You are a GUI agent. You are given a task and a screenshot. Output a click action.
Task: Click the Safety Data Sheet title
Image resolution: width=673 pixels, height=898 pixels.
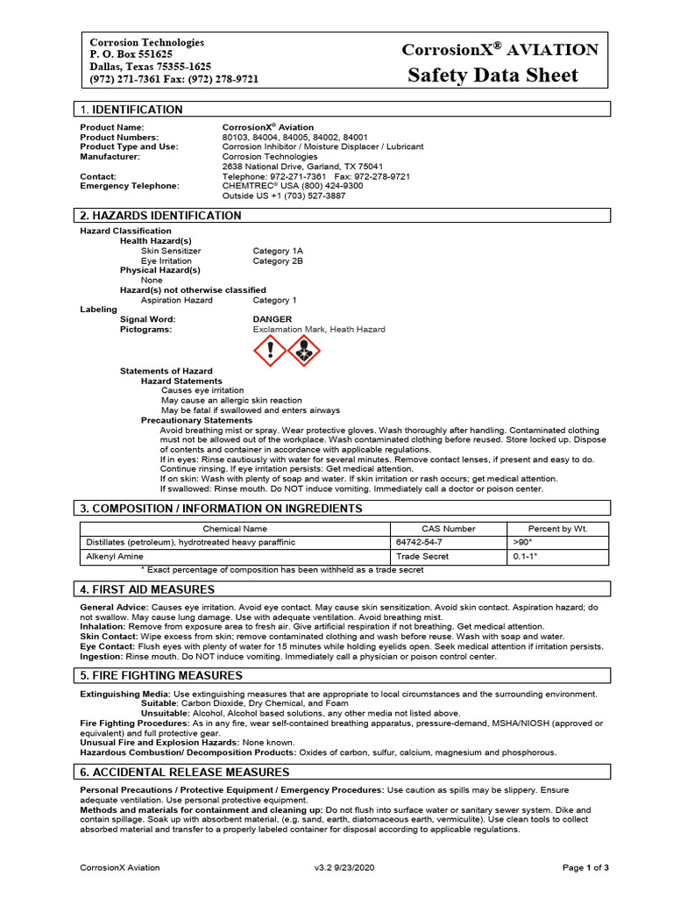(x=492, y=75)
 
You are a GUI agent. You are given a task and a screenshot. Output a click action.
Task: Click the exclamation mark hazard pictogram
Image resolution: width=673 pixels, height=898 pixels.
(x=270, y=352)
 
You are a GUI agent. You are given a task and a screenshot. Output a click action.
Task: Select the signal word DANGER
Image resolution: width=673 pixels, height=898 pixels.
(x=273, y=319)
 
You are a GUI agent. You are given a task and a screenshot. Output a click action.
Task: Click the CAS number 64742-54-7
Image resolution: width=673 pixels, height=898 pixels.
(x=418, y=543)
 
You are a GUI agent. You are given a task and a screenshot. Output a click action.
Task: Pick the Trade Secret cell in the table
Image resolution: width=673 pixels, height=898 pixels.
(x=422, y=556)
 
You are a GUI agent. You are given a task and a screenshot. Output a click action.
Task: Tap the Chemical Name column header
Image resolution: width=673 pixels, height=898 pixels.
(x=234, y=529)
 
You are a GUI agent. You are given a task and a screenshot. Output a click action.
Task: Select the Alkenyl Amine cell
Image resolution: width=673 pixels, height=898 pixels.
(x=113, y=556)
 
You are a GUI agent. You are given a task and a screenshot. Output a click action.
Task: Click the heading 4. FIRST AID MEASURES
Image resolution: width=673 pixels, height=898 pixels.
(x=147, y=589)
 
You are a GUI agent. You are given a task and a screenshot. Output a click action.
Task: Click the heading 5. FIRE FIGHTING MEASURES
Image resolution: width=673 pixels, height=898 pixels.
(x=161, y=675)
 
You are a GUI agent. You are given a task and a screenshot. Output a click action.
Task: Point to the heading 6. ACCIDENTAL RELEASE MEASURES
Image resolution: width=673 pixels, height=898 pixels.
(x=184, y=772)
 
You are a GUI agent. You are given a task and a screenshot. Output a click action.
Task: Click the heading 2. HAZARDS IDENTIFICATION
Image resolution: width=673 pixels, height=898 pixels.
(x=160, y=215)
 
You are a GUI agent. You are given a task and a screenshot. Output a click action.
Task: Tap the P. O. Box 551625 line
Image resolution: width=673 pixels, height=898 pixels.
(x=131, y=54)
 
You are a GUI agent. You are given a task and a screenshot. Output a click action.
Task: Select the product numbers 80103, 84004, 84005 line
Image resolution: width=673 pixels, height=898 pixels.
(x=294, y=138)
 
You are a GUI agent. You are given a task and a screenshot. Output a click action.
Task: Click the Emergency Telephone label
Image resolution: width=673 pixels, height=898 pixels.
(x=130, y=186)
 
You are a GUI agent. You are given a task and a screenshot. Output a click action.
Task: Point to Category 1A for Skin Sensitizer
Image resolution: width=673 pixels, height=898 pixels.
(x=278, y=251)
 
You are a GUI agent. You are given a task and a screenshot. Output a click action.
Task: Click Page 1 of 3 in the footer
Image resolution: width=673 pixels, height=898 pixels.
(x=584, y=867)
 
